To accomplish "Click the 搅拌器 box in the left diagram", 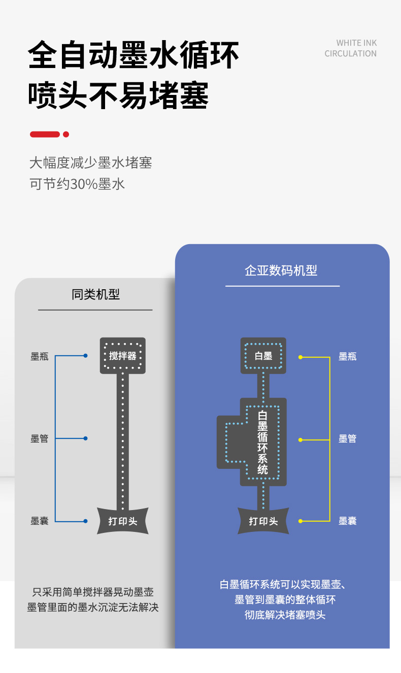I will click(x=123, y=356).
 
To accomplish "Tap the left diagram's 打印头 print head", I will click(x=123, y=521).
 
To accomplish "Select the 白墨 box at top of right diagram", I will click(x=263, y=356).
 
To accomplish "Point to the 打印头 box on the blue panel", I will click(x=263, y=521).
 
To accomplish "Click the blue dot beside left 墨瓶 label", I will click(x=85, y=356).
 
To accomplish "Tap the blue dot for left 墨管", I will click(x=85, y=438).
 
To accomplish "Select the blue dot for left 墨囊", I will click(x=85, y=521).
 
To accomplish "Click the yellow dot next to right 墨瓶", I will click(x=300, y=357).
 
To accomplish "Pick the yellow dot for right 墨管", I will click(x=300, y=440).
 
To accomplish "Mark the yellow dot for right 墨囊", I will click(x=300, y=521).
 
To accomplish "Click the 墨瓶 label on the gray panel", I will click(x=40, y=356).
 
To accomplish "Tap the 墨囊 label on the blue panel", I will click(x=348, y=521).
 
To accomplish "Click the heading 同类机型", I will click(x=95, y=294).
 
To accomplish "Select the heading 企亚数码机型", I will click(x=281, y=271).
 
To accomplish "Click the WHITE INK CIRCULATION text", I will click(x=351, y=48).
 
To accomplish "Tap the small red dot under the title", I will click(x=65, y=134).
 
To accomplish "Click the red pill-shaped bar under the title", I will click(x=45, y=134).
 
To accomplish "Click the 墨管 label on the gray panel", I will click(x=40, y=439).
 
